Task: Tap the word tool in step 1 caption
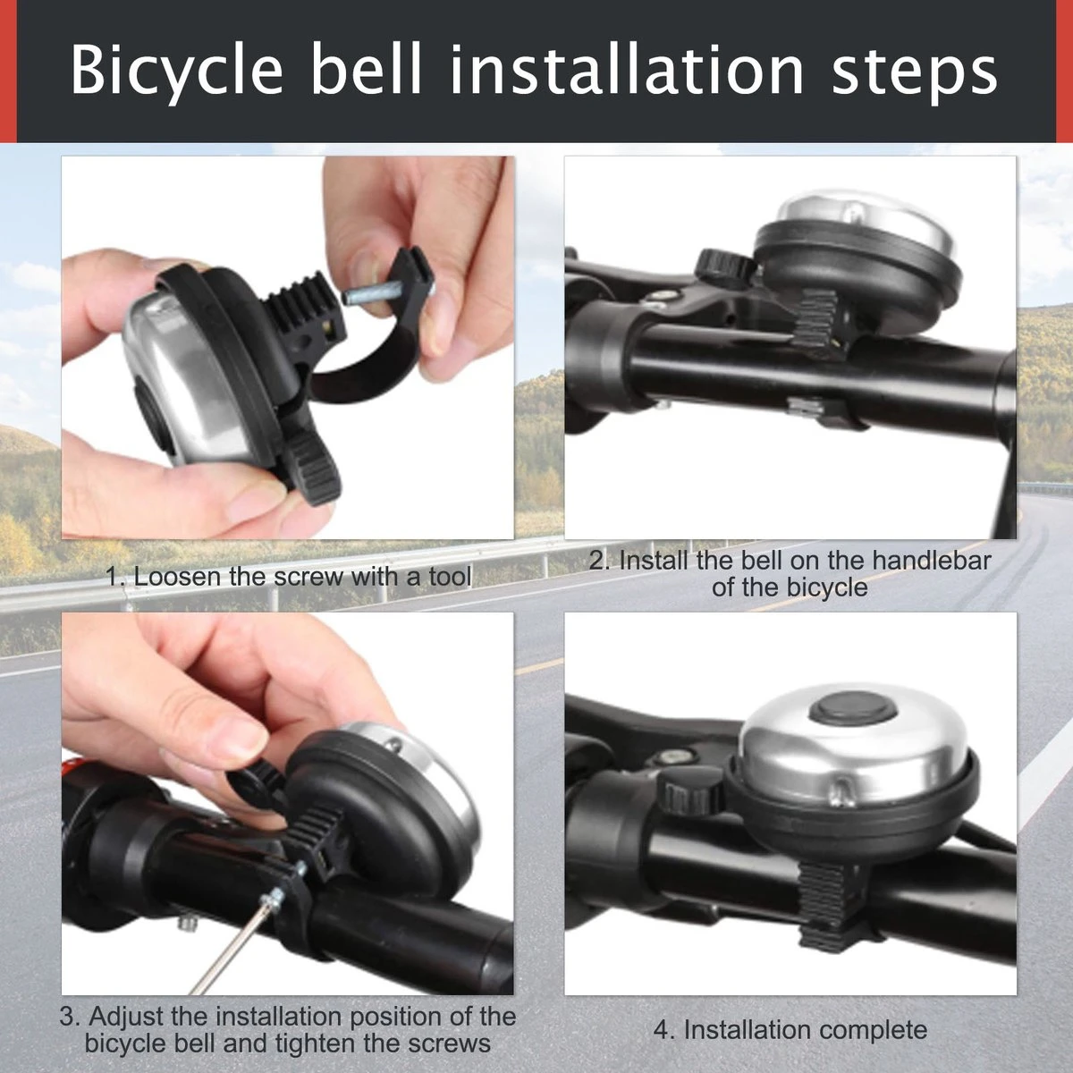449,577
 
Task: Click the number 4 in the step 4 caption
662,1030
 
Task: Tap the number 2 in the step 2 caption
597,561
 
